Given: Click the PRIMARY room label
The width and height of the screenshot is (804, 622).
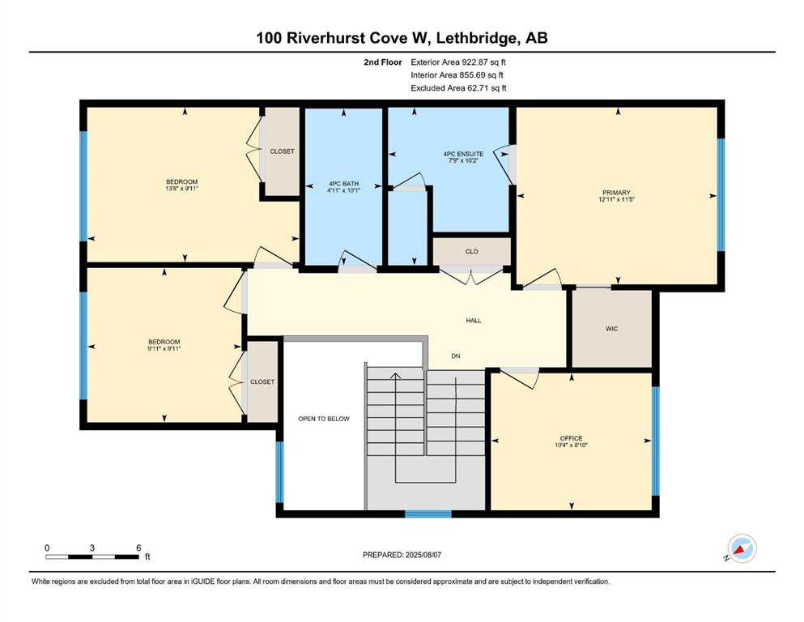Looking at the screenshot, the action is (616, 193).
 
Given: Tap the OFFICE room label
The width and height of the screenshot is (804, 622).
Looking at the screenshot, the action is (571, 438).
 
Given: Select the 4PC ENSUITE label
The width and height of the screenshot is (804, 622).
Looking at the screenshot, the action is (463, 154).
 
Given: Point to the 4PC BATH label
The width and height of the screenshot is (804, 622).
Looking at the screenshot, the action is (343, 184).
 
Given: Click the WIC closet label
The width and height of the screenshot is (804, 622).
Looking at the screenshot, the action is (612, 329).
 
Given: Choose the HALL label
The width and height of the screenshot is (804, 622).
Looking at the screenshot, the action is (474, 321).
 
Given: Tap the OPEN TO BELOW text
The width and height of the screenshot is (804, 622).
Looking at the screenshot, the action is (324, 419).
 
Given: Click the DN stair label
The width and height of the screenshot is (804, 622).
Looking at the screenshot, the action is (456, 356).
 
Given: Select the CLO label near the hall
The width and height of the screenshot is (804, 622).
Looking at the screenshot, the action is (472, 251).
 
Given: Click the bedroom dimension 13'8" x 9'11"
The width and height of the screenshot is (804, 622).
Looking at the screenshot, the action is (181, 189).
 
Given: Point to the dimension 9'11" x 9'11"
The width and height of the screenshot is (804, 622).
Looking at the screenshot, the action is (164, 349).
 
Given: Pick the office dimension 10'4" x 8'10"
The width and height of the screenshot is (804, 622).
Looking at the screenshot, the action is (571, 445).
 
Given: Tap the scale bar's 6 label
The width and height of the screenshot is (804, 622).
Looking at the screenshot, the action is (138, 547).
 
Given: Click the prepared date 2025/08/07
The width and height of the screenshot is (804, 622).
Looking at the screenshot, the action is (423, 555).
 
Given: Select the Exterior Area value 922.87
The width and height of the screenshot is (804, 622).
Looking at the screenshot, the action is (474, 62).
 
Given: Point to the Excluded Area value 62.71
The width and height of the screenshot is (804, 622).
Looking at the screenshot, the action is (477, 87).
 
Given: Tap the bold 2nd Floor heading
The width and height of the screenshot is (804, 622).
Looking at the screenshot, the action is (382, 62).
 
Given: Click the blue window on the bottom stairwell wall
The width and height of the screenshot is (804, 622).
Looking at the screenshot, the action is (428, 513).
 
